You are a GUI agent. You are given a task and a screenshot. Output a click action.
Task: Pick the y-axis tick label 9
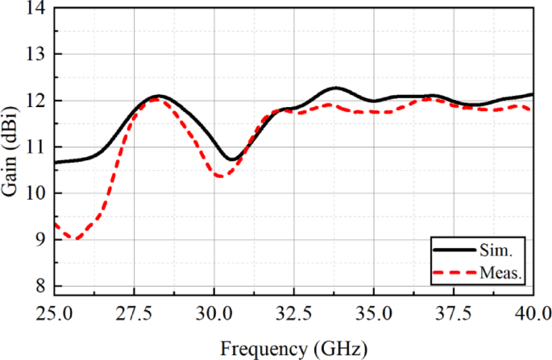click(39, 240)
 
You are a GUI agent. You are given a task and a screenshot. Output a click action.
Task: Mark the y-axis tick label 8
click(39, 287)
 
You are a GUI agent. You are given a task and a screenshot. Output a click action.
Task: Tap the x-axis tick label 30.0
click(214, 312)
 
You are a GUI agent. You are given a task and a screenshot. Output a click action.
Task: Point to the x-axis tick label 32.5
click(293, 312)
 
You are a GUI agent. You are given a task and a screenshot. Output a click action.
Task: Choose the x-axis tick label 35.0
click(373, 312)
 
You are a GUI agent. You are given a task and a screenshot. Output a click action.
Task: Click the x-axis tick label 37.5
click(453, 312)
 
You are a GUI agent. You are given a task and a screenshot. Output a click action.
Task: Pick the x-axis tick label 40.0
click(532, 312)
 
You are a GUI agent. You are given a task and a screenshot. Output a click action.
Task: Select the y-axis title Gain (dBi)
click(11, 149)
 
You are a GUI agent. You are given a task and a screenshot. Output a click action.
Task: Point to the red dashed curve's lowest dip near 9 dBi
click(76, 238)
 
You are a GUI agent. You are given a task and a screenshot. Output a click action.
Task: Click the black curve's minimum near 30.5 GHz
click(231, 159)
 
